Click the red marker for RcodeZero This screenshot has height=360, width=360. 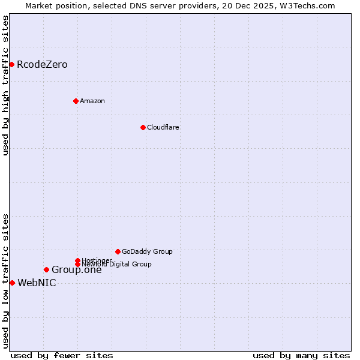coord(11,64)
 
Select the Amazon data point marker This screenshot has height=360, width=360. coord(76,101)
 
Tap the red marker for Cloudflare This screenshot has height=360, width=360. coord(143,127)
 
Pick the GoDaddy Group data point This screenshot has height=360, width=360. coord(118,251)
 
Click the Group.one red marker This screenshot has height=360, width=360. coord(46,269)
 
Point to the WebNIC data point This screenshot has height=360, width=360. coord(12,283)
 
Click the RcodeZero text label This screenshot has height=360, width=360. coord(42,64)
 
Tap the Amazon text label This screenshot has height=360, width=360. coord(92,101)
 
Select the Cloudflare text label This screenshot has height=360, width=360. coord(163,127)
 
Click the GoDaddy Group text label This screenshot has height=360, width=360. coord(147,251)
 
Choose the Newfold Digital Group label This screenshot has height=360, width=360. coord(116,264)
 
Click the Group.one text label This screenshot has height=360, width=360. coord(77,269)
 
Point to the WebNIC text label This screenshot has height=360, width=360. coord(37,283)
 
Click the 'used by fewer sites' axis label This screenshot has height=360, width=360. coord(62,355)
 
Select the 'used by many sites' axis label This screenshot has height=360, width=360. coord(301,355)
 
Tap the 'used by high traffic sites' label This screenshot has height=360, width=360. coord(5,85)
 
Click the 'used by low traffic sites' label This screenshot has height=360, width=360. coord(5,280)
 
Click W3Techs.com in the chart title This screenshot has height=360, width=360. coord(309,5)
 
